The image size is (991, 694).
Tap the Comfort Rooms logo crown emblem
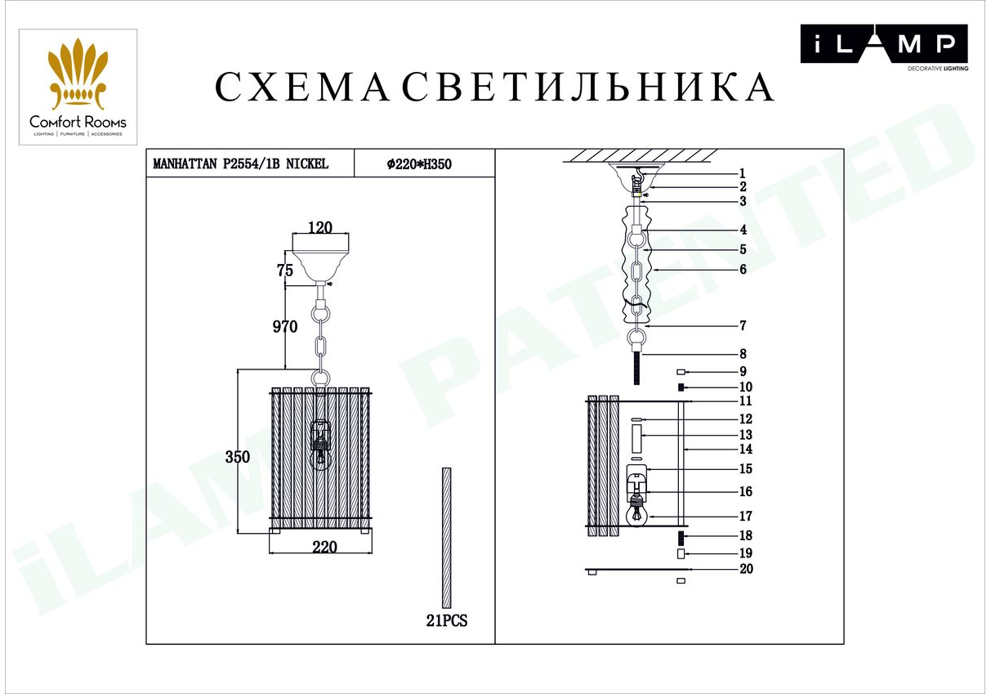click(78, 74)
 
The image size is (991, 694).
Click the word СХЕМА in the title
click(301, 87)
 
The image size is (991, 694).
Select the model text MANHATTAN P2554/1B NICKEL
click(241, 164)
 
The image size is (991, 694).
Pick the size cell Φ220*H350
click(419, 164)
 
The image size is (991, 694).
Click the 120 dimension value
click(320, 227)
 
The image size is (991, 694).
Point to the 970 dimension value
click(285, 327)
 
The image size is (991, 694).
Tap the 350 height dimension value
click(238, 457)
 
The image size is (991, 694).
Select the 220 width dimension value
click(324, 547)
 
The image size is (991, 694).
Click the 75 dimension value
click(285, 270)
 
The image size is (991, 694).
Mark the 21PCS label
click(446, 621)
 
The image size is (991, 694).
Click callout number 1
click(743, 173)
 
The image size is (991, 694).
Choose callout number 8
click(743, 354)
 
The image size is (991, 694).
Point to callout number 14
click(746, 450)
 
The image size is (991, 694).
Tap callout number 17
click(746, 516)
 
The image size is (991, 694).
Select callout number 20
click(747, 569)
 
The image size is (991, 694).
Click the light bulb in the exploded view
click(636, 515)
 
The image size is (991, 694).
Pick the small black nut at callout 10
click(681, 387)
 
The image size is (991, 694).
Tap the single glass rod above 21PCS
click(446, 538)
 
